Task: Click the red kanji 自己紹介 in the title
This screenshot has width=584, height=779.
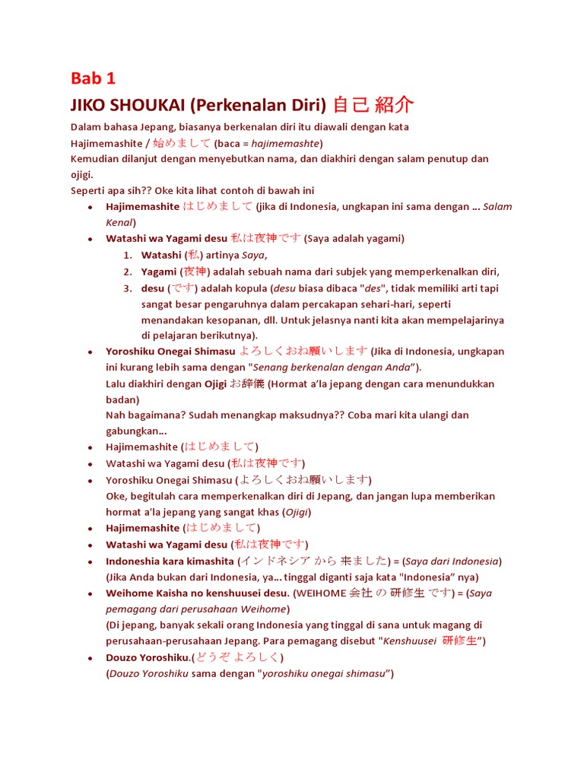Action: pyautogui.click(x=374, y=105)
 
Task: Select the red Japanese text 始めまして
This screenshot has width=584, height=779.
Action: pyautogui.click(x=182, y=143)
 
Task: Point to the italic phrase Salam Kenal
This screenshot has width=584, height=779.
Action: pyautogui.click(x=497, y=207)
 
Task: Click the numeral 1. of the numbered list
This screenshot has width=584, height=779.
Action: pyautogui.click(x=128, y=256)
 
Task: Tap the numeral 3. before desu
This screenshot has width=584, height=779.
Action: pyautogui.click(x=128, y=288)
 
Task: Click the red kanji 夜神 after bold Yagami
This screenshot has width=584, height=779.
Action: pyautogui.click(x=195, y=272)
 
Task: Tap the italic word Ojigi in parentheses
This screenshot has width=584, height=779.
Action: pyautogui.click(x=297, y=512)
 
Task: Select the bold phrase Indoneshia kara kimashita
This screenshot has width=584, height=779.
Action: pyautogui.click(x=170, y=561)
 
